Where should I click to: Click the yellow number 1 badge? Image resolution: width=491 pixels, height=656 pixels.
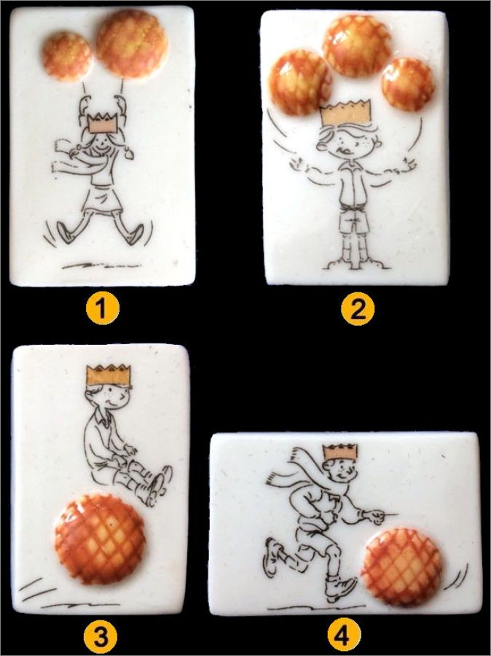tap(103, 309)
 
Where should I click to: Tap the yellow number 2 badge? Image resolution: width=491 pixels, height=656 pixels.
tap(358, 310)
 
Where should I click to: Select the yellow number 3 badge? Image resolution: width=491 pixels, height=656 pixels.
tap(101, 638)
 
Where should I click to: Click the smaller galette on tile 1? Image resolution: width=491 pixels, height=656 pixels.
tap(67, 56)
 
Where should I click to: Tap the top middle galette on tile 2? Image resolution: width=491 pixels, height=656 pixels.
tap(357, 46)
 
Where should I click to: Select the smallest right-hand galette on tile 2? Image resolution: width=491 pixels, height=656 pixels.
tap(408, 85)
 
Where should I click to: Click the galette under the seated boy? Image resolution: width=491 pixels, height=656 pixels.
tap(101, 539)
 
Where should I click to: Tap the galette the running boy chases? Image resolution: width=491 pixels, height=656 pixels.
tap(401, 567)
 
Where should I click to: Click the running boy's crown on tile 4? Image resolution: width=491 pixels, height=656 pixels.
tap(340, 452)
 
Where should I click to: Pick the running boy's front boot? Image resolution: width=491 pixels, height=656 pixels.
tap(341, 589)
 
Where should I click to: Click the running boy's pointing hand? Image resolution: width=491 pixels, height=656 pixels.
tap(380, 514)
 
